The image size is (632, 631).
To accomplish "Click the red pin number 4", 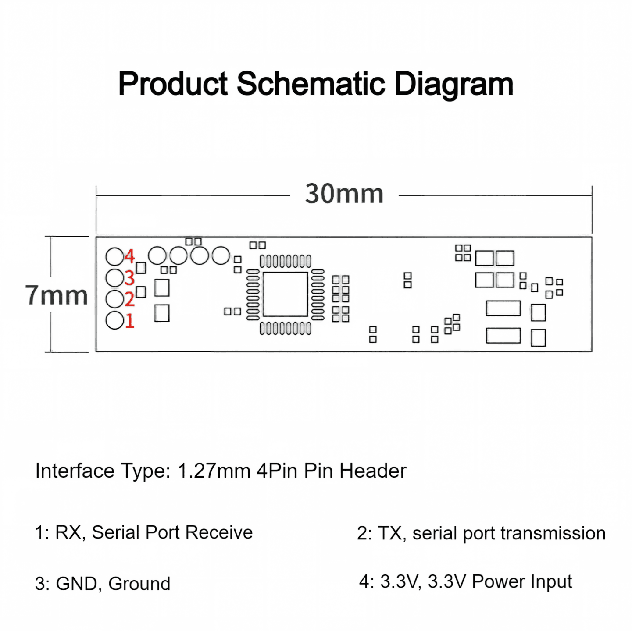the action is click(129, 256).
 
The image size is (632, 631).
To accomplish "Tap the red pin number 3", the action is click(129, 278).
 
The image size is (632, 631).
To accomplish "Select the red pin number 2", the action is click(129, 299).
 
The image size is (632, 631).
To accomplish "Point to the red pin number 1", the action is click(130, 321).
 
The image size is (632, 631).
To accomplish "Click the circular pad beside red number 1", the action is click(115, 320).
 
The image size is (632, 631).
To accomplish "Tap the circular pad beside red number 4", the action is click(115, 256).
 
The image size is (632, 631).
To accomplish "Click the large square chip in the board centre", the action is click(285, 294).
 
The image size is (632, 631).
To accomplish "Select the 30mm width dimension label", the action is click(344, 194).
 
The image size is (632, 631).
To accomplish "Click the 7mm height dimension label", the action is click(57, 295).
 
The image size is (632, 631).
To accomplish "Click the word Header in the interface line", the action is click(373, 471).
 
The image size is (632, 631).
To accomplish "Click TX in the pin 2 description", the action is click(390, 533).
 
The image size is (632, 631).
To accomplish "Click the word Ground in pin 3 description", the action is click(139, 584).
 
